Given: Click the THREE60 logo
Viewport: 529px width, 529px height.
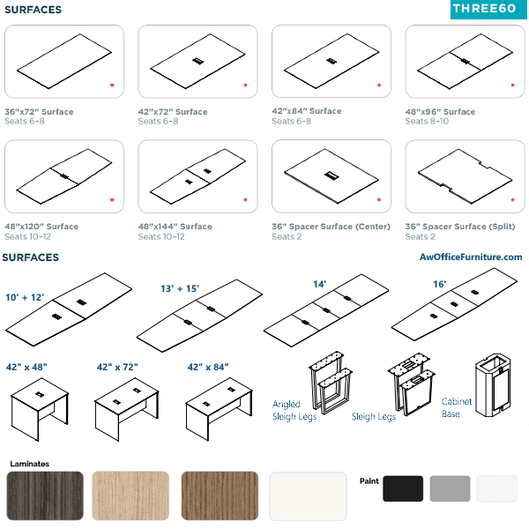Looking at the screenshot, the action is click(x=488, y=9).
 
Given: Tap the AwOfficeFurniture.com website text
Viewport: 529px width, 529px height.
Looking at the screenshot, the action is click(x=471, y=257).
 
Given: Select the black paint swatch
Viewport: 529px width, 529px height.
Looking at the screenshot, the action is click(x=403, y=488).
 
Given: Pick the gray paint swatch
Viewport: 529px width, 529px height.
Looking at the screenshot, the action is click(x=450, y=488).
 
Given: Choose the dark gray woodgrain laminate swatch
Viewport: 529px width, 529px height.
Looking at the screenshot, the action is click(x=45, y=495).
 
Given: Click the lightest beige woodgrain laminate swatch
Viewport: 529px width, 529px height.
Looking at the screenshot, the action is click(x=130, y=495).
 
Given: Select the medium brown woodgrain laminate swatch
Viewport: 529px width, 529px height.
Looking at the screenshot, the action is click(x=220, y=495).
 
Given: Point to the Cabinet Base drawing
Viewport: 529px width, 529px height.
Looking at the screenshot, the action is click(x=493, y=385).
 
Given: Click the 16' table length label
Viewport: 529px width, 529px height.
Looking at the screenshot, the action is click(x=440, y=284).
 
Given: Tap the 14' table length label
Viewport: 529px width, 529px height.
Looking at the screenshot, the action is click(x=319, y=284).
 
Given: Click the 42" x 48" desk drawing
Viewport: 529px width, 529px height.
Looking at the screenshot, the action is click(x=40, y=409).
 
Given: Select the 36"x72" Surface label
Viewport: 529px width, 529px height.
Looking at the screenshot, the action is click(x=39, y=112).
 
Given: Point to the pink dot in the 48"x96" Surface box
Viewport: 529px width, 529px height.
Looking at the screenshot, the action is click(x=513, y=85).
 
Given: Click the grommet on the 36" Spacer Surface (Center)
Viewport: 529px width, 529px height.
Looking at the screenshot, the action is click(x=332, y=175).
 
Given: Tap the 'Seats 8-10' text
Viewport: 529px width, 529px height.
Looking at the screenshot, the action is click(x=427, y=121).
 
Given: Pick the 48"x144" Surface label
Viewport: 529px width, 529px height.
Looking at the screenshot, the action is click(x=175, y=227).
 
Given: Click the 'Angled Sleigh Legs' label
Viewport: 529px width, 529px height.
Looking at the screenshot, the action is click(x=294, y=410).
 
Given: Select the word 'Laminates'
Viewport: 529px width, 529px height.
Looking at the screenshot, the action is click(x=30, y=464).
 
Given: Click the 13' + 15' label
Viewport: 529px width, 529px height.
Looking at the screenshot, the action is click(x=180, y=289).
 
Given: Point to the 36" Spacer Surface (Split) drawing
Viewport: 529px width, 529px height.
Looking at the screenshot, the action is click(x=465, y=176).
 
